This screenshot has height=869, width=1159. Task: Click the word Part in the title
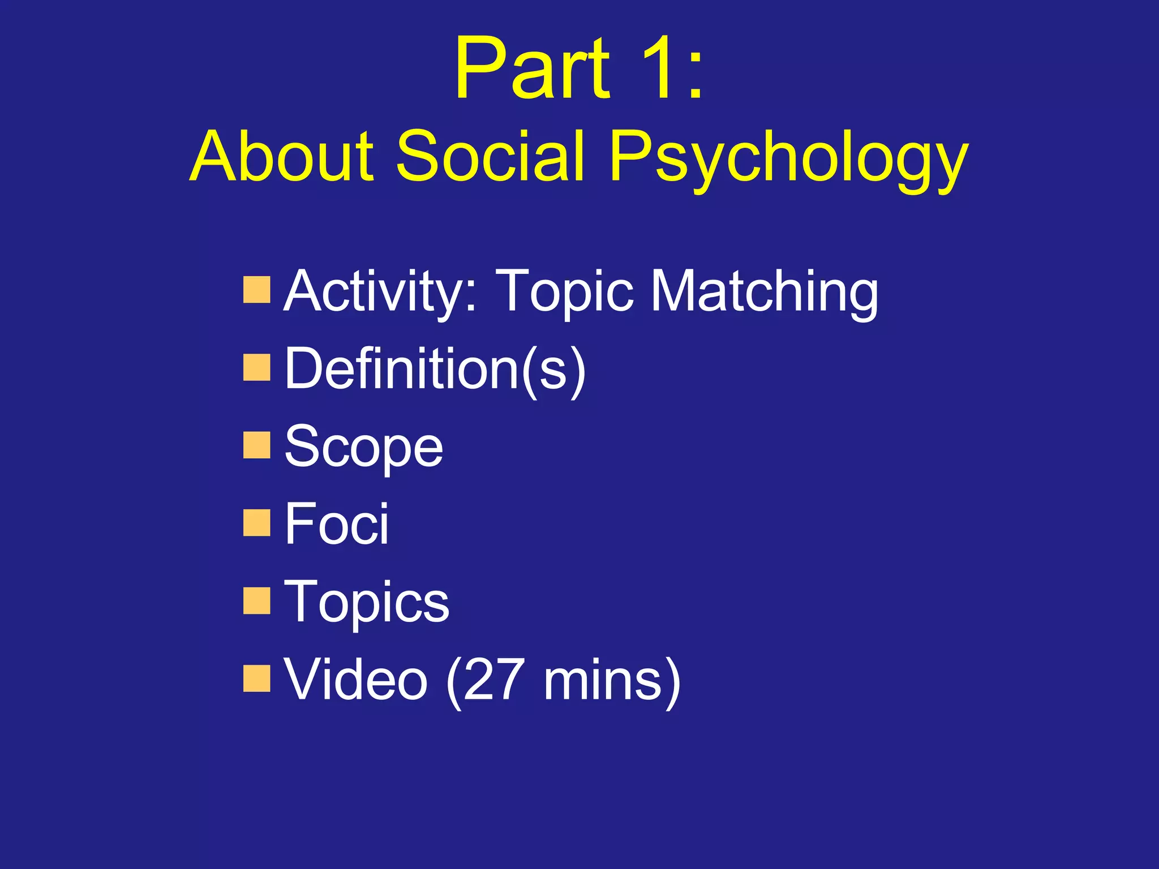tap(532, 69)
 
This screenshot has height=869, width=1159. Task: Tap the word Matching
tap(765, 292)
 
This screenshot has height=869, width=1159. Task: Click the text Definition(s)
tap(435, 369)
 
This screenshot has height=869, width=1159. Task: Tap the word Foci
tap(337, 524)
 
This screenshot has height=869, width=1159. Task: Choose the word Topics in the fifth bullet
tap(366, 603)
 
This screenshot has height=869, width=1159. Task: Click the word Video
tap(355, 680)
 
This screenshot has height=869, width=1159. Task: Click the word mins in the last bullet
tap(601, 680)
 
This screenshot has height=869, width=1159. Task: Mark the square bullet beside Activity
tap(256, 290)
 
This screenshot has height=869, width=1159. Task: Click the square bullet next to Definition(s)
tap(256, 368)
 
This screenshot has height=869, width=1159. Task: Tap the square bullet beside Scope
tap(256, 445)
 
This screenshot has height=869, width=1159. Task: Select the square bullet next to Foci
tap(256, 523)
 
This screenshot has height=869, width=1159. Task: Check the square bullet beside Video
tap(256, 678)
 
